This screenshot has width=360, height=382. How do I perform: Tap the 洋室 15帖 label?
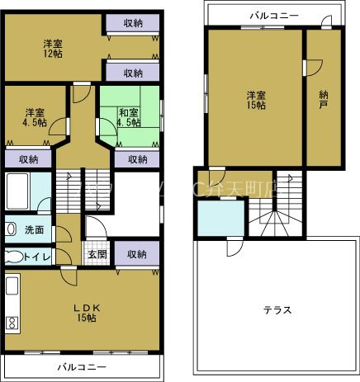click(254, 99)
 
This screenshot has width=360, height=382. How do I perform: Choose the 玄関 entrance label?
click(97, 254)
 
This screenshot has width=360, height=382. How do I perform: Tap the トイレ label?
click(36, 257)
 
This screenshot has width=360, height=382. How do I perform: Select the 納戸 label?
click(324, 100)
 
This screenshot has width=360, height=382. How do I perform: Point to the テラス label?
click(277, 309)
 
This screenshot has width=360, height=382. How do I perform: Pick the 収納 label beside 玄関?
click(137, 254)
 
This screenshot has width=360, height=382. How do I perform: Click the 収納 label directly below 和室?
click(138, 159)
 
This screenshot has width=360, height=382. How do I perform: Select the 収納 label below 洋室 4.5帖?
click(28, 159)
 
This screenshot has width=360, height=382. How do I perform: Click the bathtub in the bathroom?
click(17, 192)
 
